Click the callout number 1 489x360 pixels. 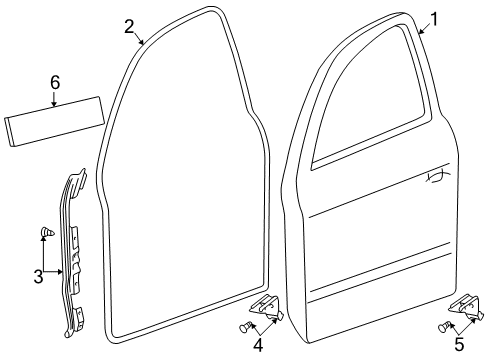(433, 19)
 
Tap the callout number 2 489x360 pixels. (129, 27)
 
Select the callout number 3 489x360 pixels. (38, 276)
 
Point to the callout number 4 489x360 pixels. (258, 344)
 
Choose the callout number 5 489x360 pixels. (459, 344)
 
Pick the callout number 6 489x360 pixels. (55, 82)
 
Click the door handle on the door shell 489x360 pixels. (437, 177)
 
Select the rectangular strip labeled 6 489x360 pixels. (54, 121)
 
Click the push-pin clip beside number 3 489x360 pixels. (47, 232)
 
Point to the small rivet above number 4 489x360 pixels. (245, 327)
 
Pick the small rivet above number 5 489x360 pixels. (443, 327)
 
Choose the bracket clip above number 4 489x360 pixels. (267, 307)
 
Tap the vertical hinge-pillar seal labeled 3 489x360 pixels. (74, 253)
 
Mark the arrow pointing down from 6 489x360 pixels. (54, 99)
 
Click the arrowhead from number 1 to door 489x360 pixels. (421, 32)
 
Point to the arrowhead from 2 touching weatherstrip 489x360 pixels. (142, 42)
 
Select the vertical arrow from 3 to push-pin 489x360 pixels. (43, 253)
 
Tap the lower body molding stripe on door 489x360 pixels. (380, 274)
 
